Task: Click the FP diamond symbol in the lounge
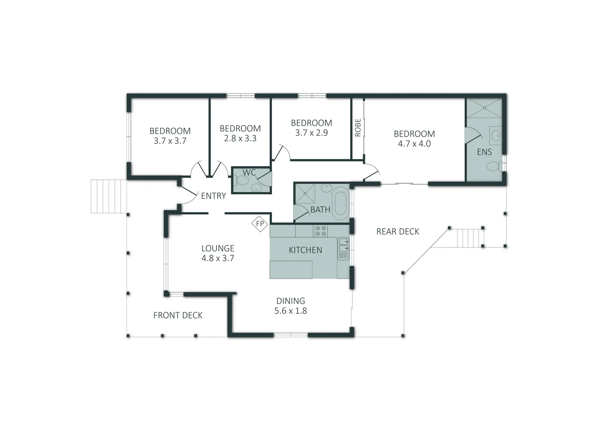pyautogui.click(x=259, y=224)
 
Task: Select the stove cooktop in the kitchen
pyautogui.click(x=320, y=231)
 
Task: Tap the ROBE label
pyautogui.click(x=358, y=128)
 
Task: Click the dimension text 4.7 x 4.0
pyautogui.click(x=415, y=144)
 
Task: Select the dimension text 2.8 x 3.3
pyautogui.click(x=240, y=138)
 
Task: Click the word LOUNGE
pyautogui.click(x=218, y=249)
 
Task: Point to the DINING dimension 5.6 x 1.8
pyautogui.click(x=291, y=311)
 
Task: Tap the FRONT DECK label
pyautogui.click(x=178, y=315)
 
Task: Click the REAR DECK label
pyautogui.click(x=398, y=232)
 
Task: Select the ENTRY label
pyautogui.click(x=213, y=196)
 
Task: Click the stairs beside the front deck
pyautogui.click(x=109, y=197)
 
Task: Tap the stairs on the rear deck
pyautogui.click(x=470, y=238)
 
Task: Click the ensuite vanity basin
pyautogui.click(x=496, y=136)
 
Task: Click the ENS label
pyautogui.click(x=484, y=152)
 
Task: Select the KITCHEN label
pyautogui.click(x=306, y=250)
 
